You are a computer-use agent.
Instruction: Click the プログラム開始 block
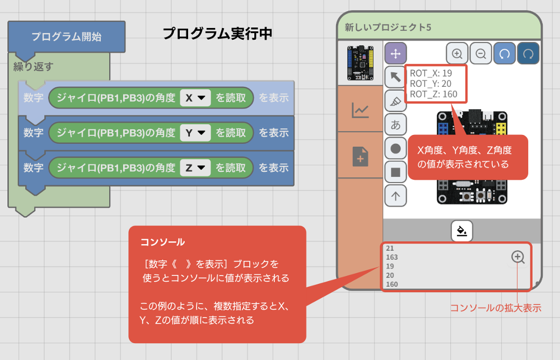coord(66,37)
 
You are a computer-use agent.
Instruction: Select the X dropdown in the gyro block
coord(195,98)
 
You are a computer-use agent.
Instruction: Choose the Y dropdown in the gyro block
coord(195,133)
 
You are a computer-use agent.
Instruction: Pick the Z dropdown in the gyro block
coord(195,167)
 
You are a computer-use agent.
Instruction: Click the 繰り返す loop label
coord(33,66)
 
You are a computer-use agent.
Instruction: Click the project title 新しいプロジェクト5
coord(388,27)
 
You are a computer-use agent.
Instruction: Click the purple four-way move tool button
coord(395,53)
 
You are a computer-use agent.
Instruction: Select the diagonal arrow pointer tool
coord(395,77)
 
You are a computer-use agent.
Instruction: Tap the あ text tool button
coord(395,125)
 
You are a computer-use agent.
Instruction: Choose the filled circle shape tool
coord(395,148)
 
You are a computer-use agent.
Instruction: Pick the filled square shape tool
coord(395,172)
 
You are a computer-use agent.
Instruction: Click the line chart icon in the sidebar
coord(360,110)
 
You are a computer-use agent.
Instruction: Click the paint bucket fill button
coord(462,230)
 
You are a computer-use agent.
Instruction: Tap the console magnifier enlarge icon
coord(518,257)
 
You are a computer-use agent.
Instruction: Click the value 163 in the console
coord(392,257)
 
